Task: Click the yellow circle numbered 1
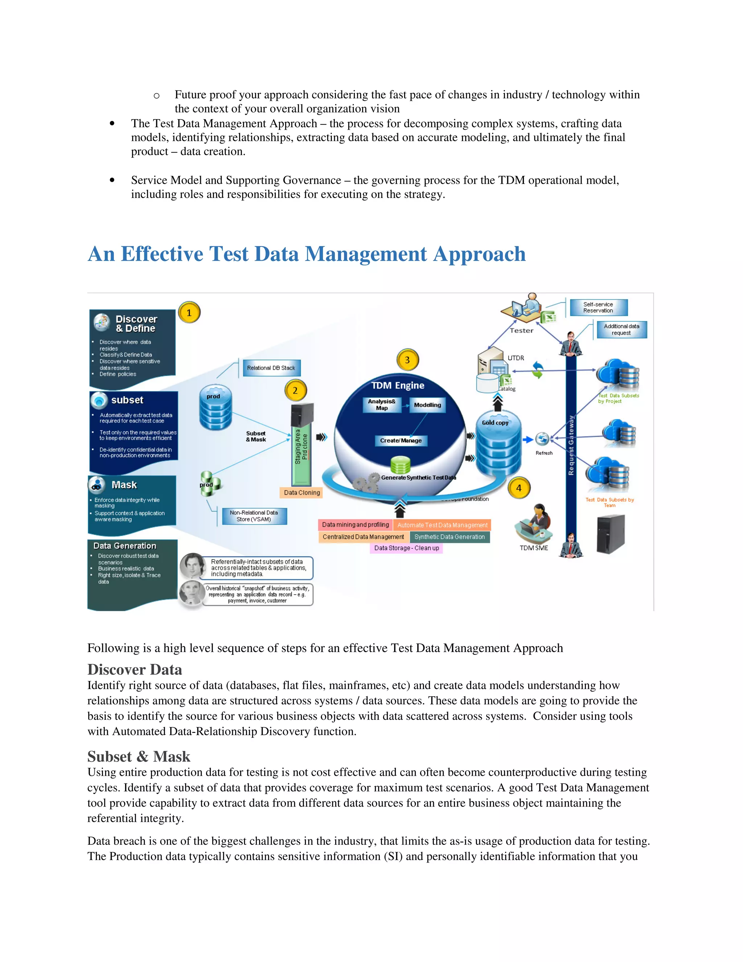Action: click(189, 313)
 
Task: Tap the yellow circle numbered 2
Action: click(295, 390)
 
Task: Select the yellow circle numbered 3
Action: click(407, 360)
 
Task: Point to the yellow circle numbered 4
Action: click(518, 488)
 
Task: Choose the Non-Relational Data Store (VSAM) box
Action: click(254, 516)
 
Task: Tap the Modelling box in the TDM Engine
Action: click(427, 405)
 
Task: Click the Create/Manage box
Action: click(401, 440)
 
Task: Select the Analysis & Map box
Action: click(382, 404)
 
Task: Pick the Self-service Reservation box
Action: click(598, 307)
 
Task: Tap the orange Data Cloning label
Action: click(301, 493)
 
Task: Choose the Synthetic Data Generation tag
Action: click(450, 537)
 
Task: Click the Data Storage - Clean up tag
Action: click(406, 548)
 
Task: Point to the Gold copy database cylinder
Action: click(498, 445)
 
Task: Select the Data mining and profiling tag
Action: click(355, 525)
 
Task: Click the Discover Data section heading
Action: click(135, 669)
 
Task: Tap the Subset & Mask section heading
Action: click(139, 756)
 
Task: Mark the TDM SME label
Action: click(533, 548)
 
